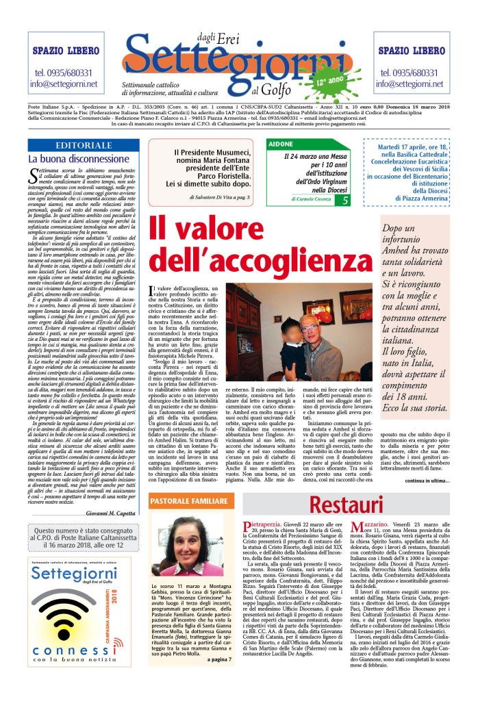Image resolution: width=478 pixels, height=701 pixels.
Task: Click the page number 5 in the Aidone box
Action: click(345, 200)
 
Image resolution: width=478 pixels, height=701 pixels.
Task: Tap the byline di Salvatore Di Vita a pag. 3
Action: click(221, 196)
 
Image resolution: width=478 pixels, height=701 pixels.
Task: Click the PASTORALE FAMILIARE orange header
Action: click(189, 502)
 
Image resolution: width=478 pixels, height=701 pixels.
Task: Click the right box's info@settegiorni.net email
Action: click(412, 84)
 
